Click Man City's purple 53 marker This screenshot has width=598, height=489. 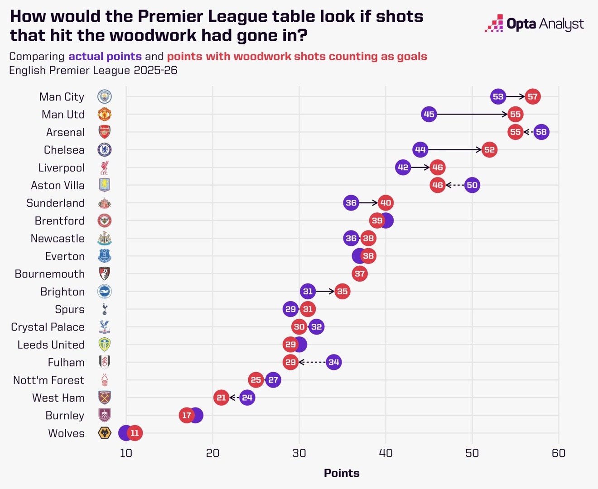(498, 96)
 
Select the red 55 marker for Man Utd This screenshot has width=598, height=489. (515, 114)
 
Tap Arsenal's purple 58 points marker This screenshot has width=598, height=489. (541, 132)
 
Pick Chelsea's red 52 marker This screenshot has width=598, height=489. (489, 150)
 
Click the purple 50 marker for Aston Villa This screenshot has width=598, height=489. (472, 185)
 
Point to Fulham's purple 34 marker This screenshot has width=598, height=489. (333, 362)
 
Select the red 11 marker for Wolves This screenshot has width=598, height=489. (135, 433)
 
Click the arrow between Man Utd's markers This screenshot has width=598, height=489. (471, 114)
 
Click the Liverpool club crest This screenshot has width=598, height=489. (105, 168)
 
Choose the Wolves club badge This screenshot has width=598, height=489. (105, 433)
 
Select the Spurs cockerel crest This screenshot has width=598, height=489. (105, 309)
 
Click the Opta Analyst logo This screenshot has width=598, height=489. (534, 24)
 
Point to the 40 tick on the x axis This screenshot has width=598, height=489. (386, 453)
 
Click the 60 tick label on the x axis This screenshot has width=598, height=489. (559, 453)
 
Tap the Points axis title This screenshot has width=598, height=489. (342, 473)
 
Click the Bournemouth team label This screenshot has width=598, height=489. (50, 274)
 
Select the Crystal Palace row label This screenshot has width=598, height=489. (48, 327)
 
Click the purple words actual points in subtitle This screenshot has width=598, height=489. (105, 57)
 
